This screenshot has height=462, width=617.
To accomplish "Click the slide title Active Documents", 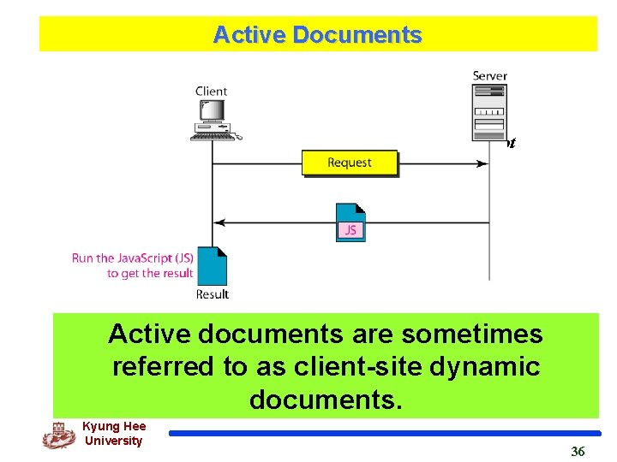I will pos(317,35).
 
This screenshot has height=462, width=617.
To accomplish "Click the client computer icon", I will pos(214,119).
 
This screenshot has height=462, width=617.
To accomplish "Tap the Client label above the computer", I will pos(211,92).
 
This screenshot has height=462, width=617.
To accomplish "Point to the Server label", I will pos(489,76).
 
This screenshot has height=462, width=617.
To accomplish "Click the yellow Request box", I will pos(350,163).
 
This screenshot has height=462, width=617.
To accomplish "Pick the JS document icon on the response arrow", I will pos(350,222).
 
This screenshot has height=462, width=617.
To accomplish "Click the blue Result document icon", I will pos(212,265).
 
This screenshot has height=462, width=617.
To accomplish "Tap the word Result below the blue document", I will pos(212,294).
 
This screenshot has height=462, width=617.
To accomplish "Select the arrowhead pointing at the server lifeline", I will pos(482,163).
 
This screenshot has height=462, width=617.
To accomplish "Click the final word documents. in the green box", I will pos(326,399).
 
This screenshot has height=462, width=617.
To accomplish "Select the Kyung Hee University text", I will pos(113,434).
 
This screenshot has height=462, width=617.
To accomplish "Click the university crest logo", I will pos(58,435).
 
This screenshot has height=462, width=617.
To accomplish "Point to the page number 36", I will pos(578,451).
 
